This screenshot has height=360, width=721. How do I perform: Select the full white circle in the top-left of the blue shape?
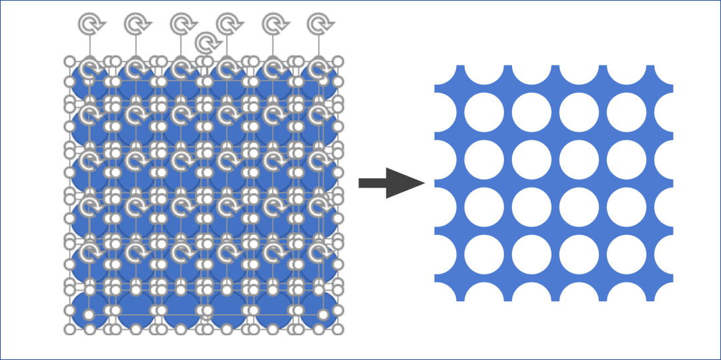pyautogui.click(x=483, y=112)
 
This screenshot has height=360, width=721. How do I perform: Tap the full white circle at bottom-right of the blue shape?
pyautogui.click(x=626, y=254)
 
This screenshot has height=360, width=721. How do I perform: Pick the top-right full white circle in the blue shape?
pyautogui.click(x=626, y=112)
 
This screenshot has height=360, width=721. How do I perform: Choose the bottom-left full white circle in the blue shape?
pyautogui.click(x=483, y=254)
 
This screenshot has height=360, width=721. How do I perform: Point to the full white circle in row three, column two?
pyautogui.click(x=531, y=207)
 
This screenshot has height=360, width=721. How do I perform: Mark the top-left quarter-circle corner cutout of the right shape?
pyautogui.click(x=443, y=73)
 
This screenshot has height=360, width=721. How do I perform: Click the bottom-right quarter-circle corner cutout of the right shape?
pyautogui.click(x=665, y=293)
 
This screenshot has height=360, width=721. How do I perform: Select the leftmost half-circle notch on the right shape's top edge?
pyautogui.click(x=484, y=73)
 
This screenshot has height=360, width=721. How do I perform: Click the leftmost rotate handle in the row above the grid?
pyautogui.click(x=89, y=24)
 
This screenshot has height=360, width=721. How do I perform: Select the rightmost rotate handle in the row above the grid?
pyautogui.click(x=318, y=24)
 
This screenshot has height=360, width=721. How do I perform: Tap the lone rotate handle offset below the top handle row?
pyautogui.click(x=207, y=43)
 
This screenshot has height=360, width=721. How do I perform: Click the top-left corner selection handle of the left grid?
pyautogui.click(x=69, y=61)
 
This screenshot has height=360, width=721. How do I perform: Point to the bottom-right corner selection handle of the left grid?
pyautogui.click(x=338, y=329)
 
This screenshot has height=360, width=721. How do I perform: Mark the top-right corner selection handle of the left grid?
pyautogui.click(x=338, y=61)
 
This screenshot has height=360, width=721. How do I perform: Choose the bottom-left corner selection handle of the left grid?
pyautogui.click(x=69, y=329)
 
